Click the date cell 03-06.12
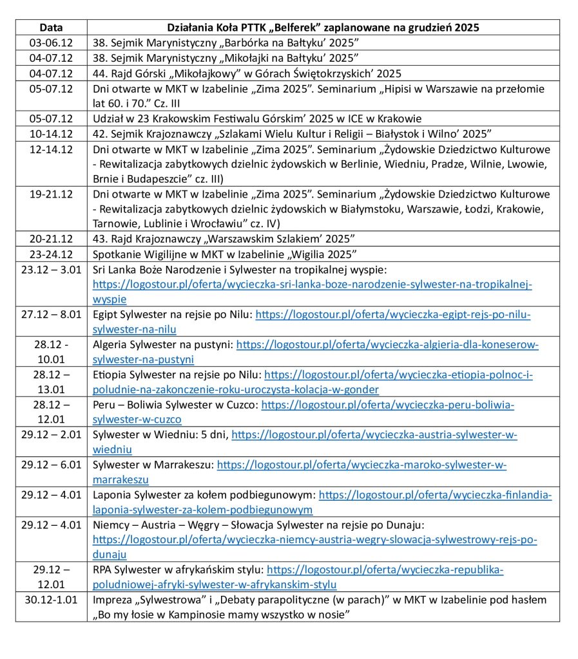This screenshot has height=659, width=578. pos(51,42)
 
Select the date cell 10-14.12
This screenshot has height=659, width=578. pos(51,134)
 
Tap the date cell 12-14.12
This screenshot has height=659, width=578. pos(51,149)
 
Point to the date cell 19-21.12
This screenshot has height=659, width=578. pos(51,194)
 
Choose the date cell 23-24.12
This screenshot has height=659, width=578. pos(51,254)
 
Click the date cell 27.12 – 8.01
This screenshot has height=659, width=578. pos(51,315)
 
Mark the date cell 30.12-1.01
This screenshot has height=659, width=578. pos(51,600)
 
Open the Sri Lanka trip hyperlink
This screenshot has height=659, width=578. pos(313,284)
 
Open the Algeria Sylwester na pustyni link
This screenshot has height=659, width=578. pos(387,345)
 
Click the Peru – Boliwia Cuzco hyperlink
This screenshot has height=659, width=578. pos(387,405)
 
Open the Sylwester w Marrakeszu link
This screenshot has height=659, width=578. pos(361,465)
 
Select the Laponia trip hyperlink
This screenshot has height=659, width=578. pos(435,495)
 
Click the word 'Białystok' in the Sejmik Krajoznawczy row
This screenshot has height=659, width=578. pos(399,134)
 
